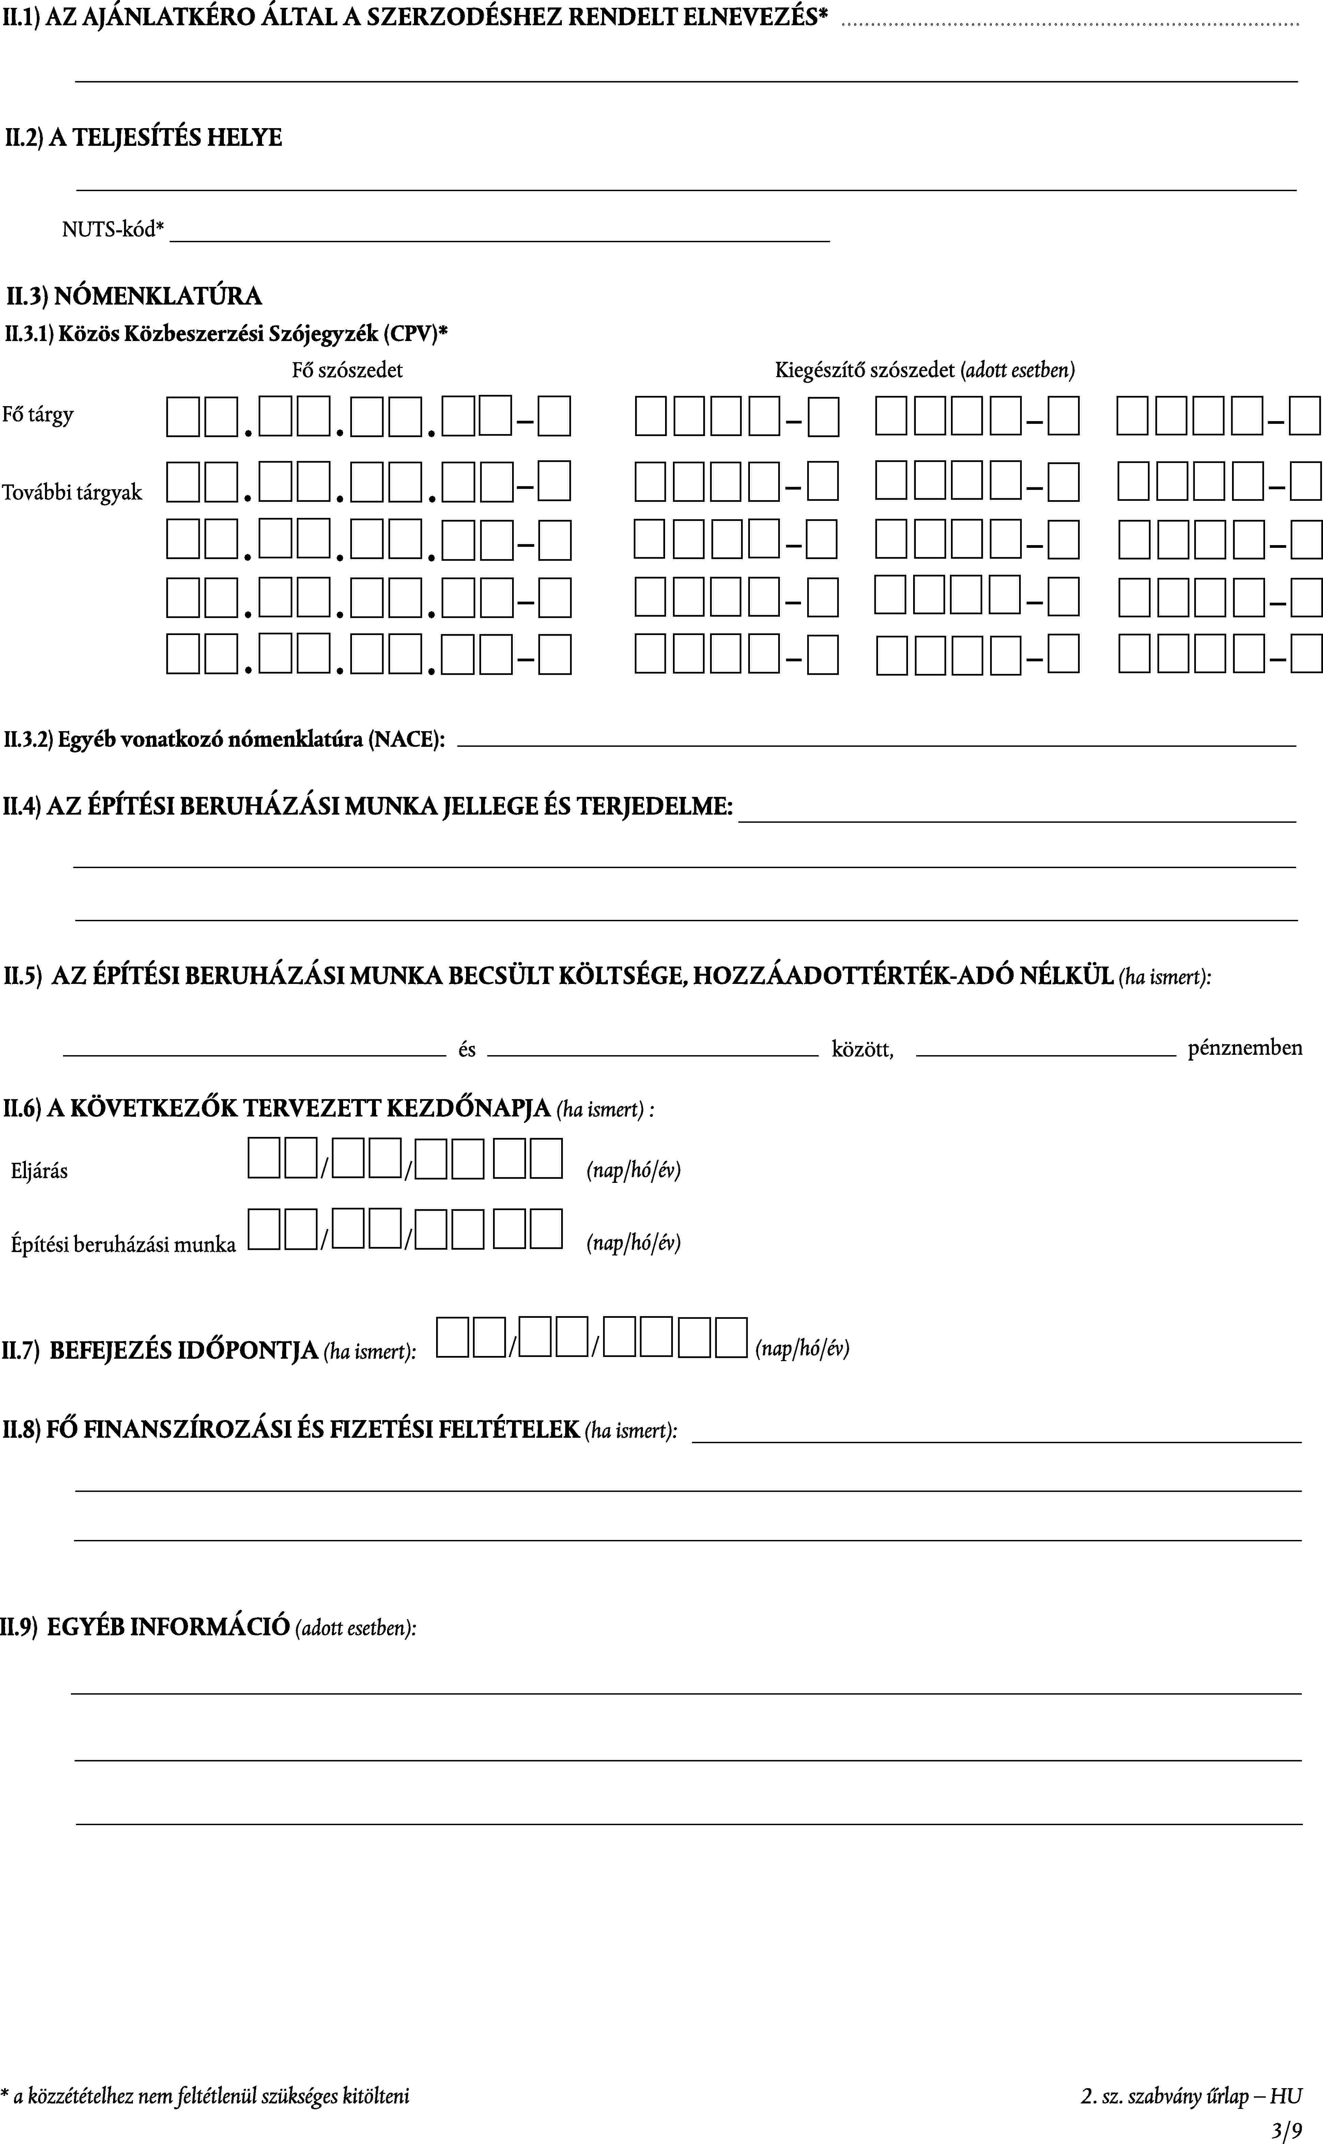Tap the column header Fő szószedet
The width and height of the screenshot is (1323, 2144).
tap(348, 370)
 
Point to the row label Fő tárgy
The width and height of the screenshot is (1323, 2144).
tap(37, 415)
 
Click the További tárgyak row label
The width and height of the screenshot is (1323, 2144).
tap(72, 493)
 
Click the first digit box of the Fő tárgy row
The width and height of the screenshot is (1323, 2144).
tap(183, 416)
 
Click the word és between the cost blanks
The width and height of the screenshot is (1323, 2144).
tap(466, 1049)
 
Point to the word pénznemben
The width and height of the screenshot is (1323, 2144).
tap(1244, 1048)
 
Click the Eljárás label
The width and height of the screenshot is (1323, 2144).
tap(40, 1170)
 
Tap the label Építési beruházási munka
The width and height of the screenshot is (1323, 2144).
tap(123, 1244)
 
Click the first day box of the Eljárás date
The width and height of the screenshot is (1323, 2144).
tap(263, 1159)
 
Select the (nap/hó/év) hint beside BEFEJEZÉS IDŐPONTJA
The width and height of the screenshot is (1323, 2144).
tap(802, 1348)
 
